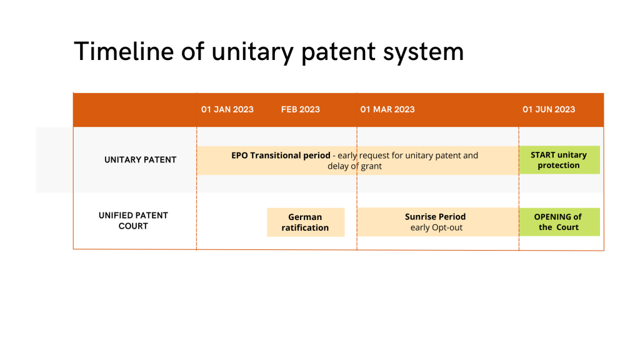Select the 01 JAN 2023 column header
227,109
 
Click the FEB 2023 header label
301,109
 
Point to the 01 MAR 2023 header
387,109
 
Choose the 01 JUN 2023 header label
549,109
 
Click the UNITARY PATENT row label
141,159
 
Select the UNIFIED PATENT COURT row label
133,221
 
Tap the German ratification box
306,222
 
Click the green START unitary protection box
559,160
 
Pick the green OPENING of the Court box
559,222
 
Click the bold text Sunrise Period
435,217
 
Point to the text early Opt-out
436,227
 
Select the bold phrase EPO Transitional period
281,156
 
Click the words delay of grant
355,166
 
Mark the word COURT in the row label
133,226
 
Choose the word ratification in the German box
305,227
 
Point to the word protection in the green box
558,165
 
